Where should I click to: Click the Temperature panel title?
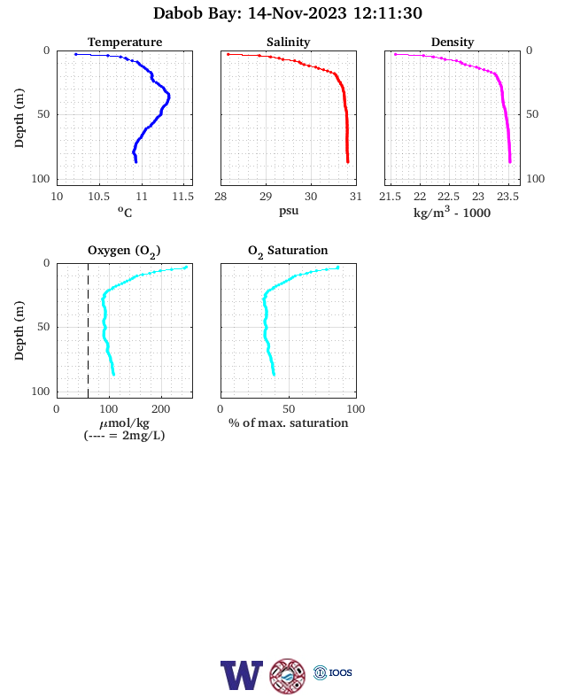coord(125,42)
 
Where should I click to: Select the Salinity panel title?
coord(289,42)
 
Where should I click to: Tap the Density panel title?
coord(453,42)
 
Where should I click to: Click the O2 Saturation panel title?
coord(288,251)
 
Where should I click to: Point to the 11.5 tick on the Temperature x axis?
coord(182,197)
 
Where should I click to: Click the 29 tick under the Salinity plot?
coord(266,197)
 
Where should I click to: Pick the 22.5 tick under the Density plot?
coord(448,197)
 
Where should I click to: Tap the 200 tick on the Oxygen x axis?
coord(160,409)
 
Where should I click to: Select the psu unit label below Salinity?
coord(289,211)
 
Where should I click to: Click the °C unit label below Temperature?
coord(125,212)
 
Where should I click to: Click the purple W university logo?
coord(242,675)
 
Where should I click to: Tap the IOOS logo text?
coord(340,672)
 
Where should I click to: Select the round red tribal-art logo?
coord(288,676)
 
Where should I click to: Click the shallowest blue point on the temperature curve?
coord(76,54)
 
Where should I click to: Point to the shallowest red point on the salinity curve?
coord(228,54)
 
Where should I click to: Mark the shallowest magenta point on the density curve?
coord(396,54)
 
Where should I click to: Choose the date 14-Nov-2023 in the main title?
coord(297,13)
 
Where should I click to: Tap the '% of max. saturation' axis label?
coord(289,423)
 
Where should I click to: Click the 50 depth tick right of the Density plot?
coord(532,114)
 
